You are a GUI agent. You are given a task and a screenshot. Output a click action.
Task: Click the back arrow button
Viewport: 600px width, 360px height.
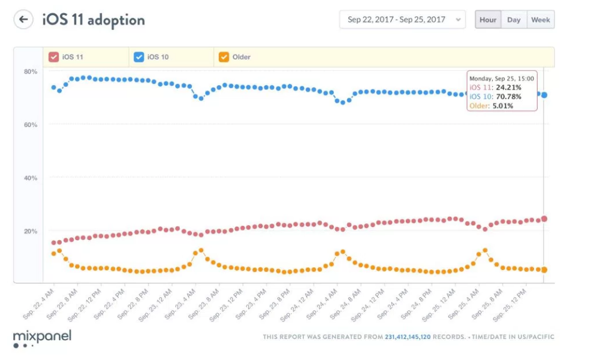[23, 20]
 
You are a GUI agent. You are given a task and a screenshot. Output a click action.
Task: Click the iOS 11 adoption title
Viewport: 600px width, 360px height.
[94, 20]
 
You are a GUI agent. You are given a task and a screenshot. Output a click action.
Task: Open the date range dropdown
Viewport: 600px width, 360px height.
[402, 20]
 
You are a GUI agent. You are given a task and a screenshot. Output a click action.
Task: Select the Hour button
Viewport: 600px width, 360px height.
[488, 20]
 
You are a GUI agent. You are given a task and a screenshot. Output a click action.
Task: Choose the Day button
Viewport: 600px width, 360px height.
[514, 20]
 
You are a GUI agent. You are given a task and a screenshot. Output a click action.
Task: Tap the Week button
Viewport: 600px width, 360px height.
[540, 20]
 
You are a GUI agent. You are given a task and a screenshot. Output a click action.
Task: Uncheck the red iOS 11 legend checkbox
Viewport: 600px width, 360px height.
[54, 57]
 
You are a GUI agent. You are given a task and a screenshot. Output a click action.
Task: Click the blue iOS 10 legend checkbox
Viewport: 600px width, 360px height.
[139, 57]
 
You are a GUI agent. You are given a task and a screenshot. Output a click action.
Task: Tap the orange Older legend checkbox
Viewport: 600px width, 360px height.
[224, 57]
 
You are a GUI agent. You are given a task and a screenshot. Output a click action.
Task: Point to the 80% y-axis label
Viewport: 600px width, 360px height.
[31, 72]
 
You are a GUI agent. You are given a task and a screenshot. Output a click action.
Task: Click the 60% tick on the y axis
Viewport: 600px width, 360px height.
[31, 125]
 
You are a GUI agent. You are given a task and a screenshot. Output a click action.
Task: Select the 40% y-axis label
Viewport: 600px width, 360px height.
[31, 178]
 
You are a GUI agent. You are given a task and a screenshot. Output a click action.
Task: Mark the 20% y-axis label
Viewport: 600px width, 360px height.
[31, 231]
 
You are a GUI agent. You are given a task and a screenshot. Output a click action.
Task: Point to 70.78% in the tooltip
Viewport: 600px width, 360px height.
[508, 96]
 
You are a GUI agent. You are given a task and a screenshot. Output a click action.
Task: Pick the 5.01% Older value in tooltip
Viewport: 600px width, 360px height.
[503, 106]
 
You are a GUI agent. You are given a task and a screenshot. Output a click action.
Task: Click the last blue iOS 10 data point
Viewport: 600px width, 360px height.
[544, 95]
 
